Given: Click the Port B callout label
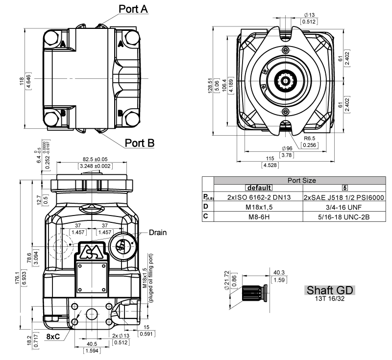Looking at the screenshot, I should point(140,143).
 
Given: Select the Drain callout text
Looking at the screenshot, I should point(157,233).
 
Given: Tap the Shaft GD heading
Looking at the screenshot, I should point(329,290).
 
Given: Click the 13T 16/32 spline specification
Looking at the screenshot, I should point(329,298).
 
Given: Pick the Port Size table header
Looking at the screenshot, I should point(301,180).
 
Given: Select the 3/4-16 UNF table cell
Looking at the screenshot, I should point(343,206).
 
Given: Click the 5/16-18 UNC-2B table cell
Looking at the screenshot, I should point(343,215).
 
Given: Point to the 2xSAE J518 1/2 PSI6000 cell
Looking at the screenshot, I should point(343,197).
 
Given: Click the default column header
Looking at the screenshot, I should point(259,188).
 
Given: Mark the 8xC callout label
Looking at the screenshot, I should point(54,337).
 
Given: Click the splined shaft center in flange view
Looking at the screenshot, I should point(285,79).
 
